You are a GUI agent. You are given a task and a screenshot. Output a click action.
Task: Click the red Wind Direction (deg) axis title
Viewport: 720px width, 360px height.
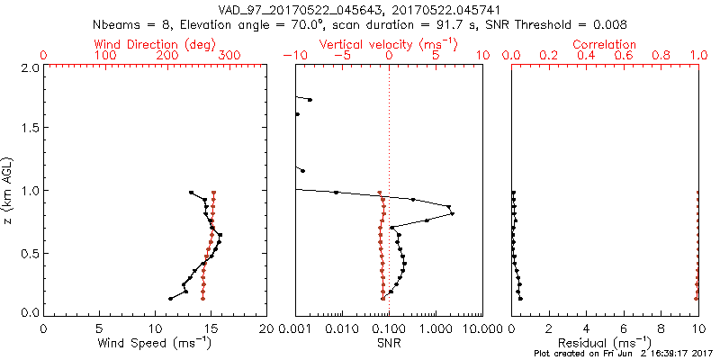155,44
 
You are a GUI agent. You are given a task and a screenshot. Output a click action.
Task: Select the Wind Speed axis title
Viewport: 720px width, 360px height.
155,343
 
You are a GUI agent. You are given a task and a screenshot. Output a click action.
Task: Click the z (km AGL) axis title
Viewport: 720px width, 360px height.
9,190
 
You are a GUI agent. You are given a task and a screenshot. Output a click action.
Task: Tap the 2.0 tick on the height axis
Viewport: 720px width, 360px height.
29,67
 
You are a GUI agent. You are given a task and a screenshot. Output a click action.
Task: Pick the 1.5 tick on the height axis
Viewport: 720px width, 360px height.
29,129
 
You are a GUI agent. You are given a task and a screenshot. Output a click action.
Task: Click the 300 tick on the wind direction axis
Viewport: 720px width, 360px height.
229,56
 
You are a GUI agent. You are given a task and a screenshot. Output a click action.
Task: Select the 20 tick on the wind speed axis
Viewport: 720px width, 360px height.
266,328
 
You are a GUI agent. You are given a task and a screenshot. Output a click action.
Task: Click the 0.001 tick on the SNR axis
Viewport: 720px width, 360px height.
296,328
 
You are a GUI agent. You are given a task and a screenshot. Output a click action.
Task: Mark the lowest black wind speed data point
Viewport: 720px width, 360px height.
170,298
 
